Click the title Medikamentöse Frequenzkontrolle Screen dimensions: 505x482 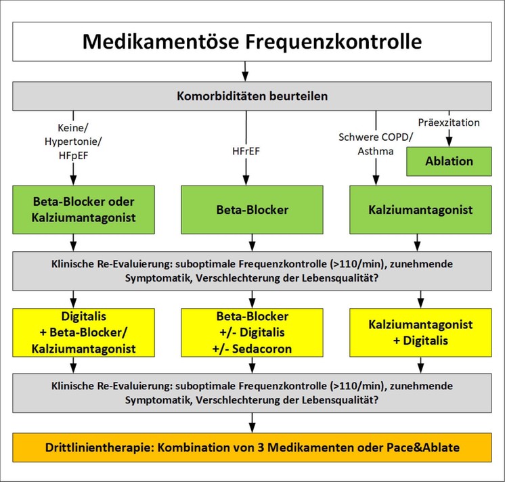(252, 41)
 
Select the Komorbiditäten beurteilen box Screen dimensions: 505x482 (252, 96)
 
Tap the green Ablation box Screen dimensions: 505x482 (449, 161)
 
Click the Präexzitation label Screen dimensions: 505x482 (449, 123)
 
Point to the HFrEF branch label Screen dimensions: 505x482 (246, 151)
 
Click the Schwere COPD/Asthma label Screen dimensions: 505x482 (376, 144)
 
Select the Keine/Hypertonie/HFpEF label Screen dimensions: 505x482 (73, 141)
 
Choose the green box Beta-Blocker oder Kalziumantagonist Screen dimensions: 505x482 (83, 210)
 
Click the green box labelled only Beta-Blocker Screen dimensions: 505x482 (252, 210)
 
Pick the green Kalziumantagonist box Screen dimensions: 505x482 (420, 210)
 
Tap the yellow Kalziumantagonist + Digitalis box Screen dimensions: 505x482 (420, 332)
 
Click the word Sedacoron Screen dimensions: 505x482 (262, 349)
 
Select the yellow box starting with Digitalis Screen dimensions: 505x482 (83, 332)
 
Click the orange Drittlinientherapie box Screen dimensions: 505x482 (252, 447)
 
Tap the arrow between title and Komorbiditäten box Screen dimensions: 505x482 (245, 71)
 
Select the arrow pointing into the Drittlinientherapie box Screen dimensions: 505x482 (252, 422)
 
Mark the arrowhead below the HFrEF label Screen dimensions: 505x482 (246, 181)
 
